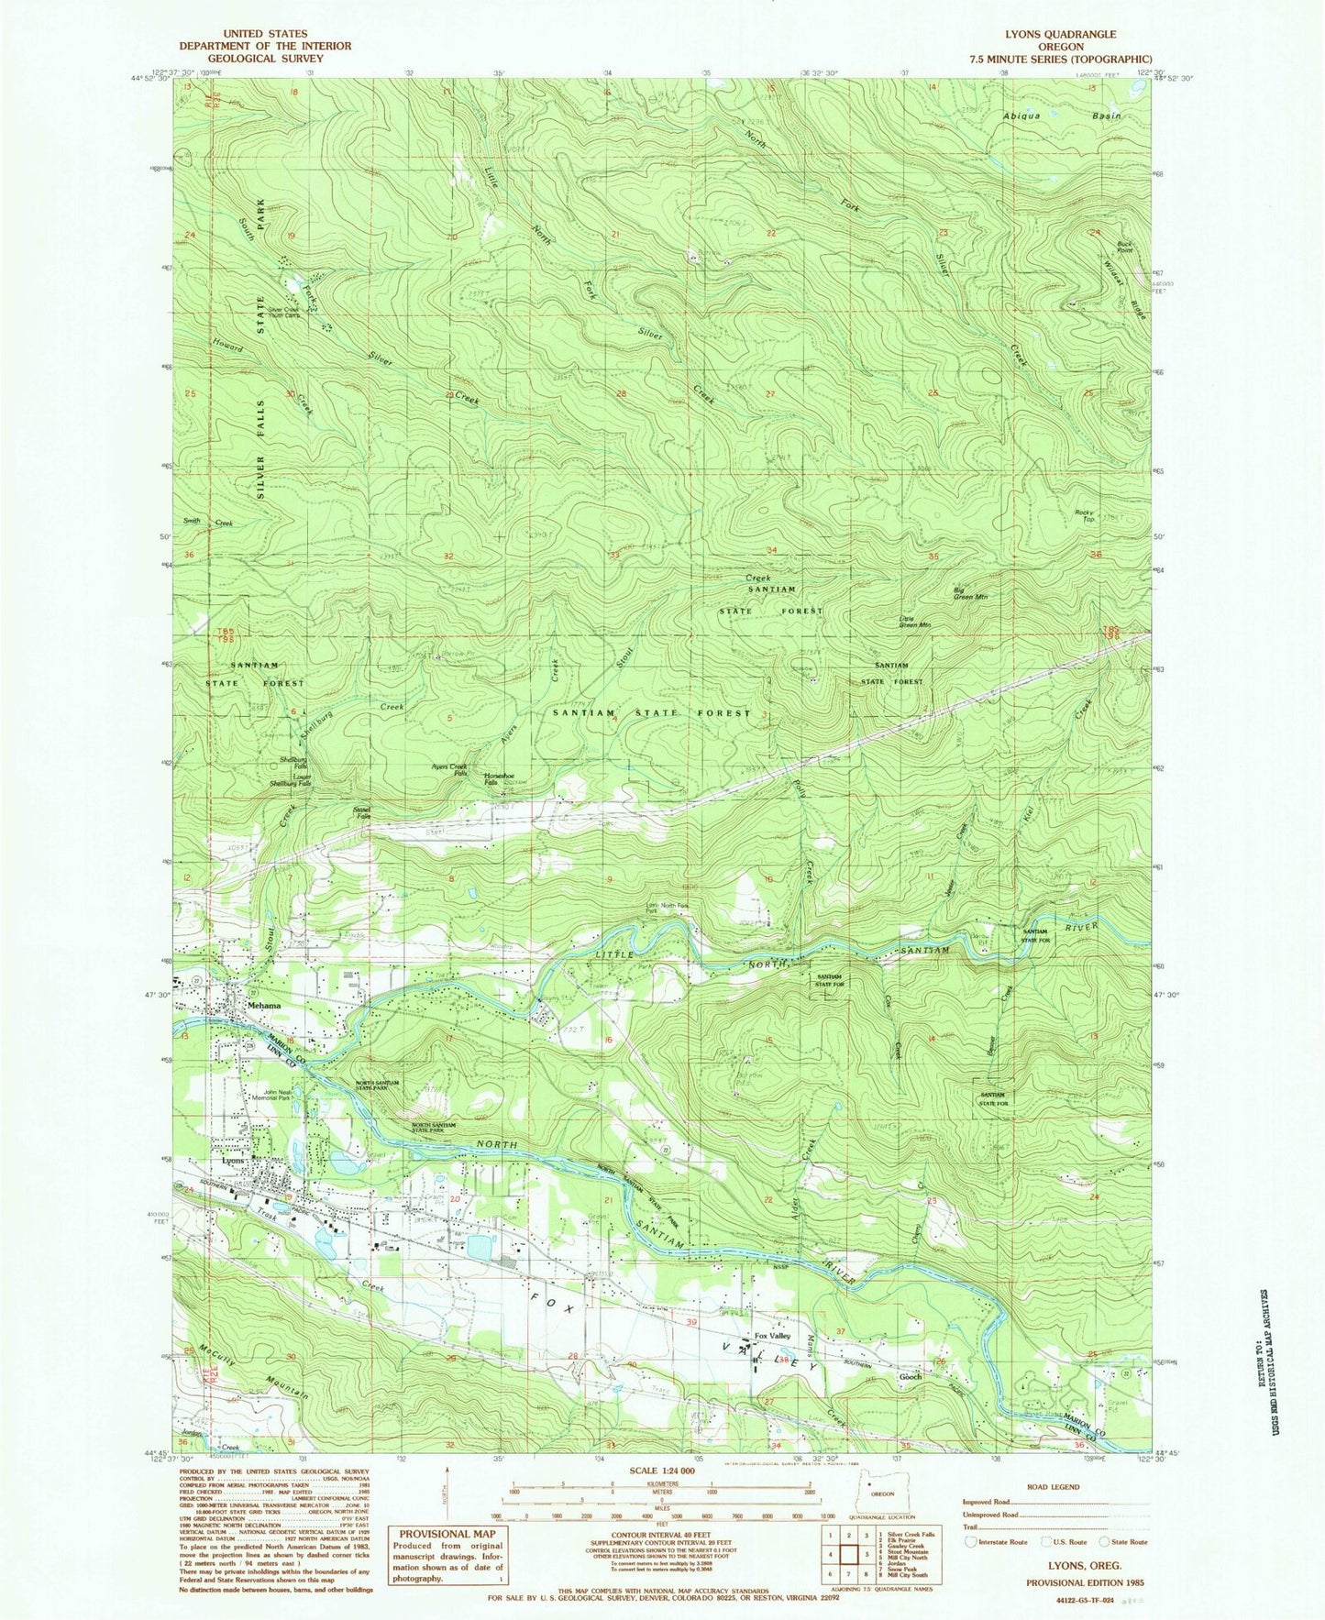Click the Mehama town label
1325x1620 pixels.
pos(263,1006)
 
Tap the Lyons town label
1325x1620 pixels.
pos(235,1161)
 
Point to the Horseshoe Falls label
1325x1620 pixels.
pos(491,779)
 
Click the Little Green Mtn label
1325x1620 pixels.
pos(914,623)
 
